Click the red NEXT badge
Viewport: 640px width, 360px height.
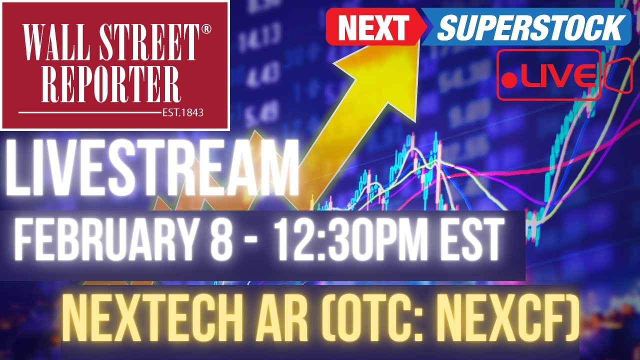tap(373, 28)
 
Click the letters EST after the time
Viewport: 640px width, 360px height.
tap(472, 240)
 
